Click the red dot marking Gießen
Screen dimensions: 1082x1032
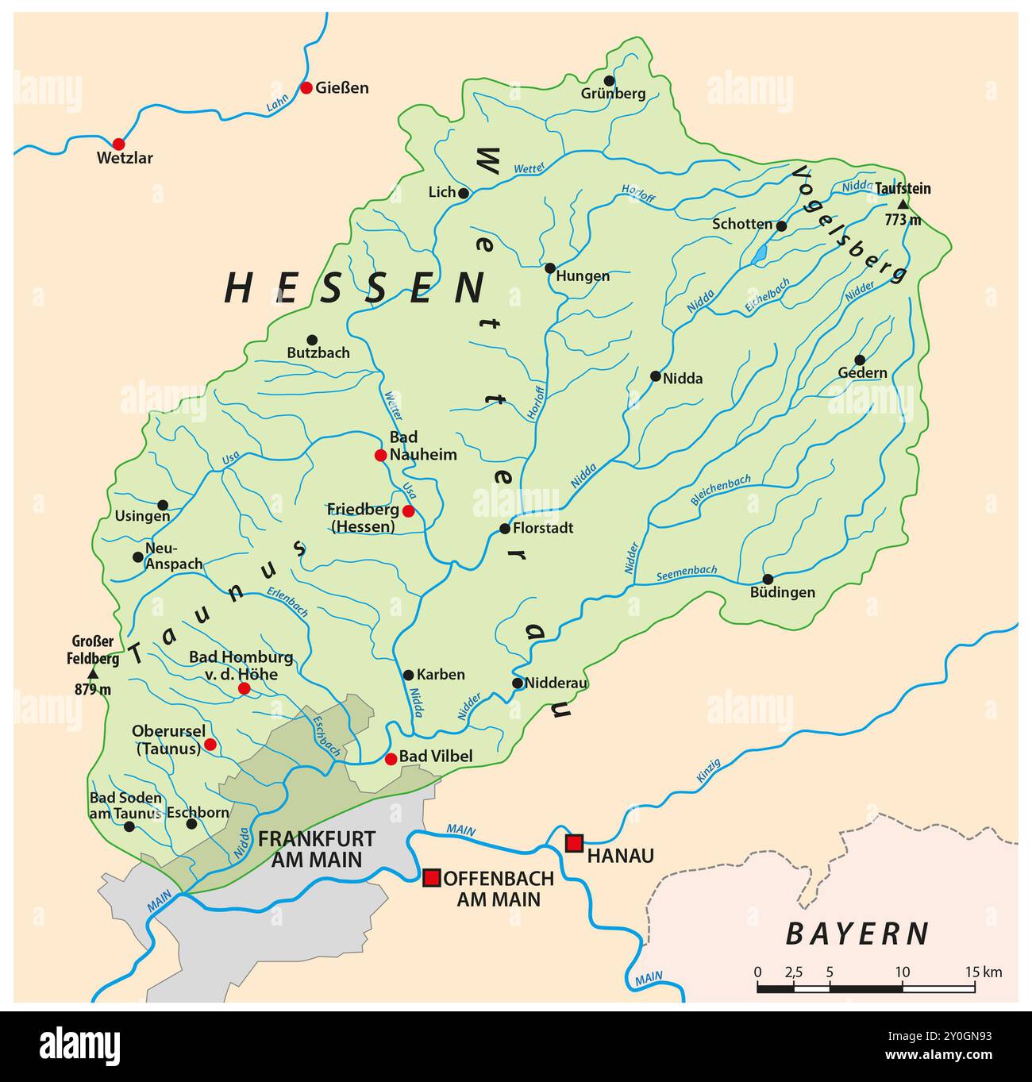pyautogui.click(x=306, y=87)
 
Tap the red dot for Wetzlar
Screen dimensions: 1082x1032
pyautogui.click(x=118, y=144)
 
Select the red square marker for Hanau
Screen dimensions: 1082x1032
pyautogui.click(x=574, y=843)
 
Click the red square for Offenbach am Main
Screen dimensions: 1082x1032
pyautogui.click(x=431, y=877)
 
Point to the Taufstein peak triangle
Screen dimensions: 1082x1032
pyautogui.click(x=903, y=204)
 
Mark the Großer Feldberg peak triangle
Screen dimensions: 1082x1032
pyautogui.click(x=93, y=673)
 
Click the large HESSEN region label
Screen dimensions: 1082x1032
pyautogui.click(x=354, y=288)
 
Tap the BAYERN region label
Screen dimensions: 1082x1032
pyautogui.click(x=857, y=934)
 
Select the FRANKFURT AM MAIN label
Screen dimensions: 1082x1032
pyautogui.click(x=310, y=849)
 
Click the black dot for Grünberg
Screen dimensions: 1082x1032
pyautogui.click(x=609, y=80)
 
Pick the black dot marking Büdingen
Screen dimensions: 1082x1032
pyautogui.click(x=768, y=579)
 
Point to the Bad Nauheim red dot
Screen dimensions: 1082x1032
pyautogui.click(x=380, y=455)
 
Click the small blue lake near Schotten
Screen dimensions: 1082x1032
pyautogui.click(x=760, y=254)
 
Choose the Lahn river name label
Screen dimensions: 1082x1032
pyautogui.click(x=277, y=104)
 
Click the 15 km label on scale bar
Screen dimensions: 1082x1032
pyautogui.click(x=984, y=972)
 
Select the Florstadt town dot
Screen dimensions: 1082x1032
pyautogui.click(x=505, y=528)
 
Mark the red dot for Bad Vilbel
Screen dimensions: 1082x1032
pyautogui.click(x=391, y=758)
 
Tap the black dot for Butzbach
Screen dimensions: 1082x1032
pyautogui.click(x=312, y=340)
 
